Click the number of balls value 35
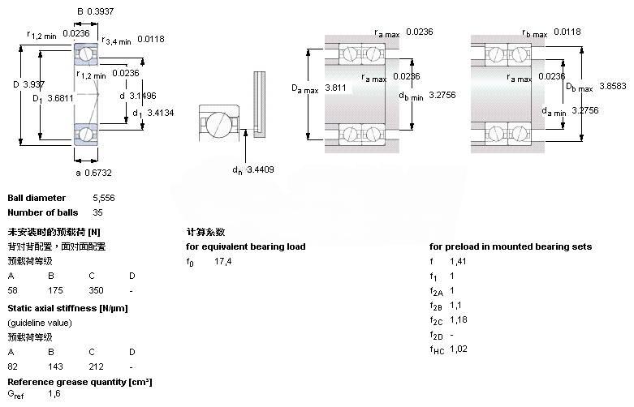point(98,212)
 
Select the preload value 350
point(97,289)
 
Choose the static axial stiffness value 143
point(56,366)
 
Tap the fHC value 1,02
point(459,349)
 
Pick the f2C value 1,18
point(459,319)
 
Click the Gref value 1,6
point(54,393)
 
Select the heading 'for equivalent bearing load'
point(246,246)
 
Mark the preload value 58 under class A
point(12,289)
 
